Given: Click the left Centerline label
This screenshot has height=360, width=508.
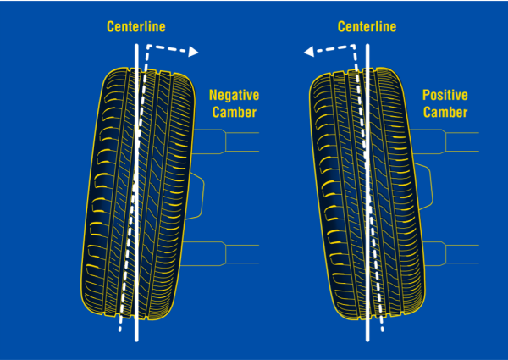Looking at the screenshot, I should pyautogui.click(x=135, y=27).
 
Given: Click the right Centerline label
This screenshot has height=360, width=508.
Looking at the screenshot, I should pyautogui.click(x=367, y=27).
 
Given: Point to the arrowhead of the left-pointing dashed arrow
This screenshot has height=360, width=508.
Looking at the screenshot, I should pyautogui.click(x=309, y=52).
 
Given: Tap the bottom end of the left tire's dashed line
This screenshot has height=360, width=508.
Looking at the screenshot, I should pyautogui.click(x=121, y=330).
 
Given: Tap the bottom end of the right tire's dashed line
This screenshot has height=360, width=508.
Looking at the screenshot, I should pyautogui.click(x=381, y=330).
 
